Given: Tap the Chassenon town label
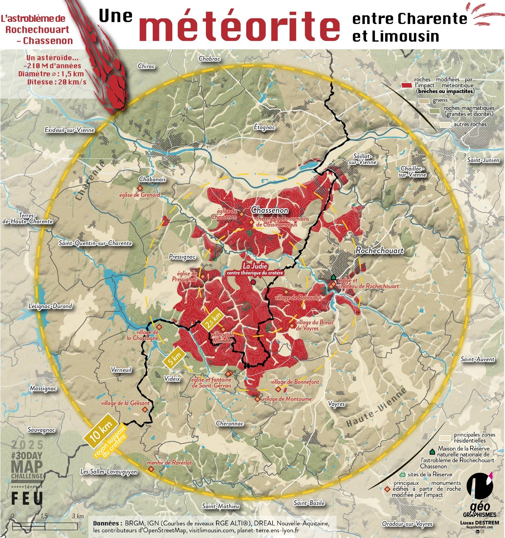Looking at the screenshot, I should point(269,210).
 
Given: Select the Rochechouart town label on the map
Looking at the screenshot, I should point(380,251).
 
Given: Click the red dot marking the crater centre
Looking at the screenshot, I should point(253,282).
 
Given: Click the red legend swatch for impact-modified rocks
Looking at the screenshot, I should point(407,85).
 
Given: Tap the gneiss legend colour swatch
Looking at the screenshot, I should point(424,101).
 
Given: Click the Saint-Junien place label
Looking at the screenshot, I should point(483,160).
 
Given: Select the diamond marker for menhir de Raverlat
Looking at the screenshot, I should point(151,469).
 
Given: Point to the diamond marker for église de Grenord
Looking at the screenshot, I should point(140,188).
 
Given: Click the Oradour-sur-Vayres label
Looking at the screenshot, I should point(407,524).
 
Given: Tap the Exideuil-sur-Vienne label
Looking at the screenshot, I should point(70,130).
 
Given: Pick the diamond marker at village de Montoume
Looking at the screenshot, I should point(257,399).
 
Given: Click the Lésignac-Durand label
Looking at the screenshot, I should point(50,306).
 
